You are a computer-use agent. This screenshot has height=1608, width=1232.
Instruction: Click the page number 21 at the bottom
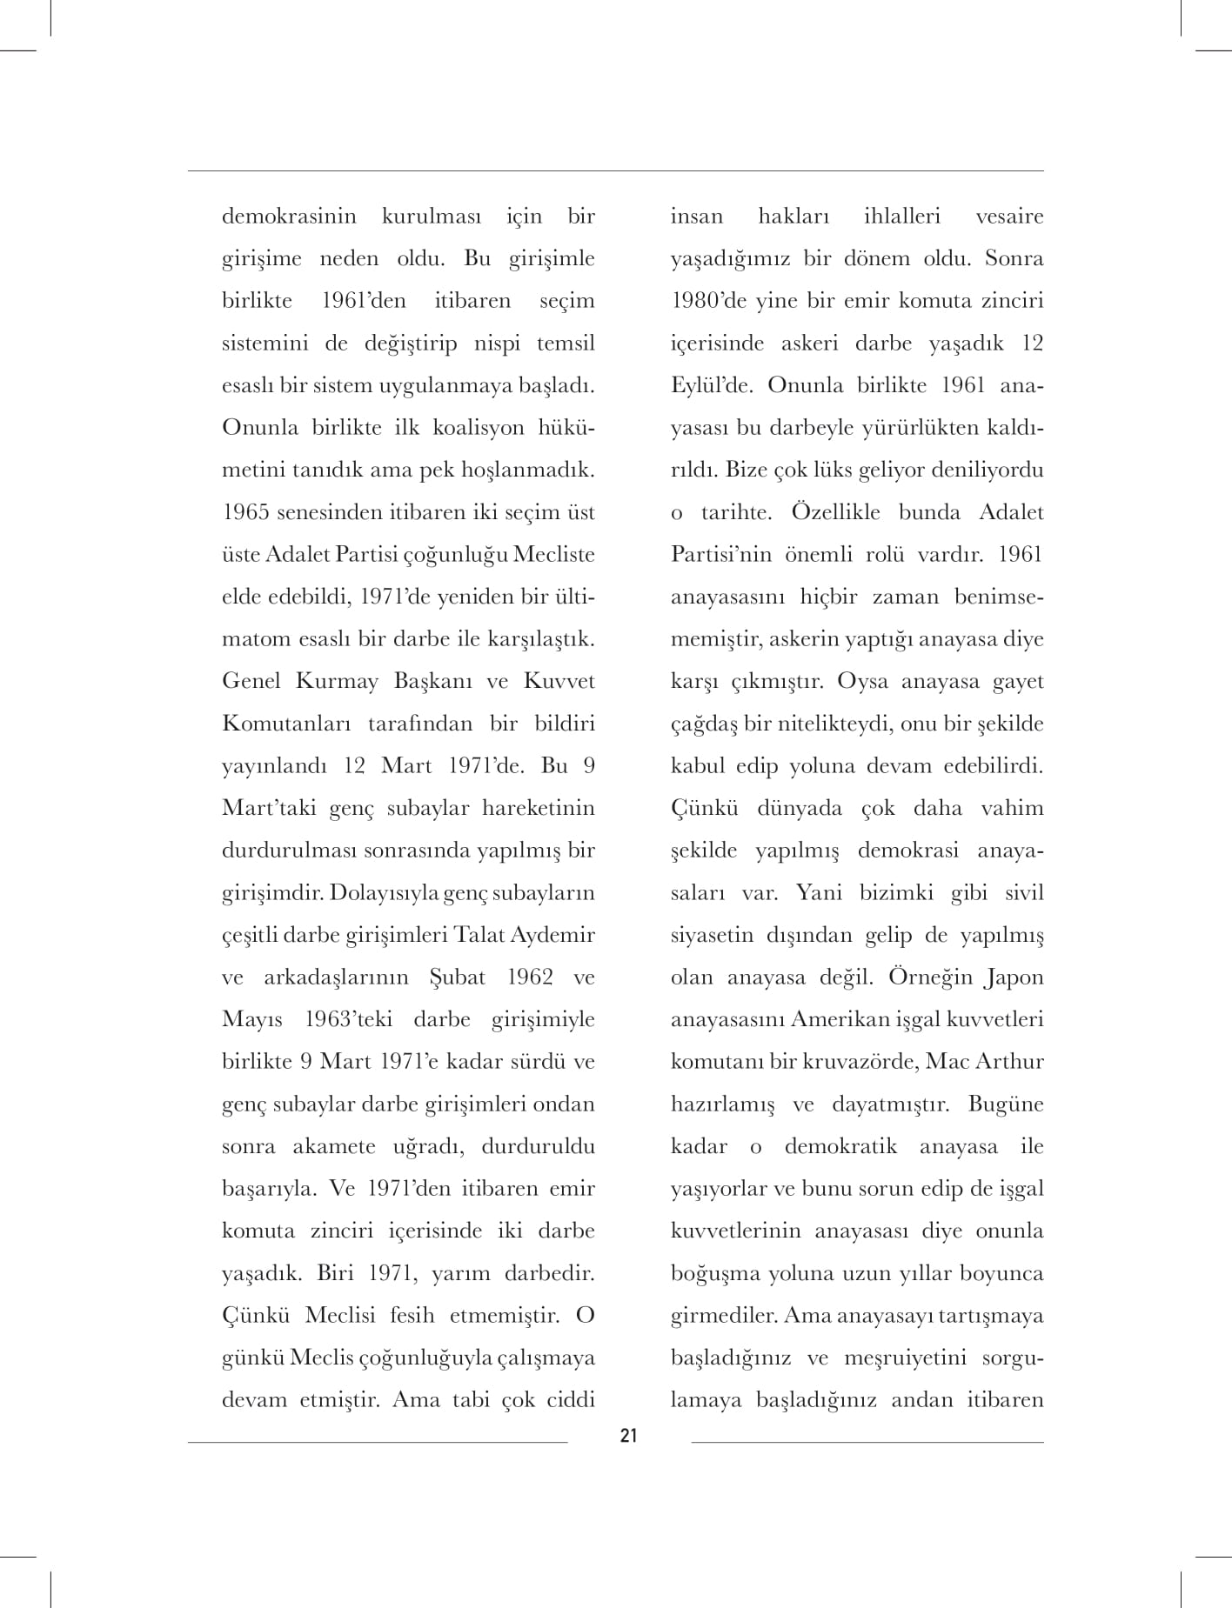[628, 1436]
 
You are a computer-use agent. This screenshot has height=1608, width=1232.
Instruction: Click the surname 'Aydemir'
[554, 936]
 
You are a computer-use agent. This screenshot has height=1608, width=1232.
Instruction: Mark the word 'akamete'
[335, 1147]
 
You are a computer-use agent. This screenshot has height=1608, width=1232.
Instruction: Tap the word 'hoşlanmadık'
[532, 470]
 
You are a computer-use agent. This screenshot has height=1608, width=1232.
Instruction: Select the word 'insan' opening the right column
[696, 217]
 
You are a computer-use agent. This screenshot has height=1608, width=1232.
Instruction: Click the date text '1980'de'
[706, 301]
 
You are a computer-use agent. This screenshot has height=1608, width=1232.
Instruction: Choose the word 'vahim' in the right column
[1011, 809]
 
